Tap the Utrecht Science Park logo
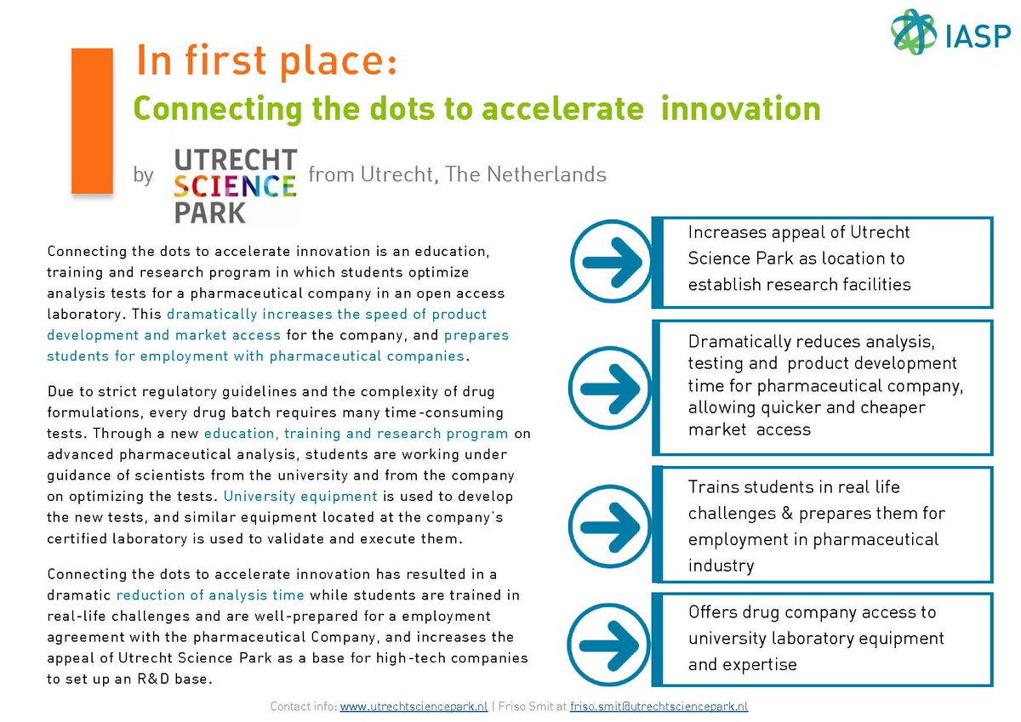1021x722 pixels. click(235, 185)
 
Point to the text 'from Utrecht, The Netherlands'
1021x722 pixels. click(457, 175)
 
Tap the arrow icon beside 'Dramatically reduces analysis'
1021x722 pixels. click(611, 387)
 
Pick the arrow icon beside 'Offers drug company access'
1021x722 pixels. click(611, 639)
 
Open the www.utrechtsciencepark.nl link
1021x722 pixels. click(414, 707)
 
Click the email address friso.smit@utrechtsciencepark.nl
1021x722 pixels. click(647, 707)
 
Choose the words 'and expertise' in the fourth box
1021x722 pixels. click(741, 664)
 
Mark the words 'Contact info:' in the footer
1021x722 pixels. click(303, 707)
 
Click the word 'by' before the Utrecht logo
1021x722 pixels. click(143, 176)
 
